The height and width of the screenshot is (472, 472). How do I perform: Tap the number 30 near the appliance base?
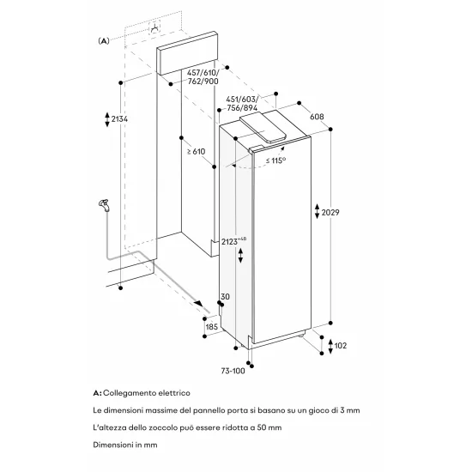pos(225,298)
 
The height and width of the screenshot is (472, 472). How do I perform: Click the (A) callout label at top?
pos(105,39)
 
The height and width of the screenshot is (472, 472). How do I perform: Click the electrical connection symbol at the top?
pos(155,27)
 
